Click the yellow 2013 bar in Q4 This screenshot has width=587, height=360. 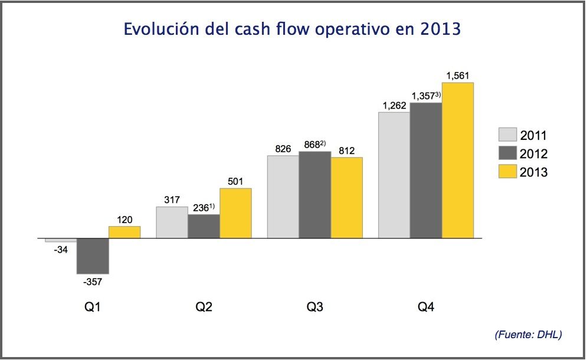tap(458, 161)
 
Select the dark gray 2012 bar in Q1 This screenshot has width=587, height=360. tap(93, 256)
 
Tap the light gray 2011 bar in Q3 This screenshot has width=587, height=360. tap(283, 197)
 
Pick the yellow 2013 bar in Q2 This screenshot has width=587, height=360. tap(235, 213)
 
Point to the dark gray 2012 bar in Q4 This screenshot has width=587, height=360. tap(426, 171)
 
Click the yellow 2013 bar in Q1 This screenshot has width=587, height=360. tap(124, 232)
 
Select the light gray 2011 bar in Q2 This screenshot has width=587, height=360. tap(172, 222)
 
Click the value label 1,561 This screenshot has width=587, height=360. tap(458, 76)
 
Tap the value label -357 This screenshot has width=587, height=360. tap(92, 282)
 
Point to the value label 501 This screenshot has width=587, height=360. tap(235, 181)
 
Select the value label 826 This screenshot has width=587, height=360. tap(283, 149)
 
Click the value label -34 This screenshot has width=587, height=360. tap(60, 250)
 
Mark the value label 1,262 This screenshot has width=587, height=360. tap(394, 106)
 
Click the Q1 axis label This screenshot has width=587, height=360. tap(93, 307)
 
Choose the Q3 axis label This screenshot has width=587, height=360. tap(315, 307)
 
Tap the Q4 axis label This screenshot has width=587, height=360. tap(426, 307)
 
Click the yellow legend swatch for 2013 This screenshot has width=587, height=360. tap(507, 172)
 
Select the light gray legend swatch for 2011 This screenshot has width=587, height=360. tap(507, 135)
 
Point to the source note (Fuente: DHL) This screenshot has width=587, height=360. tap(528, 335)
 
